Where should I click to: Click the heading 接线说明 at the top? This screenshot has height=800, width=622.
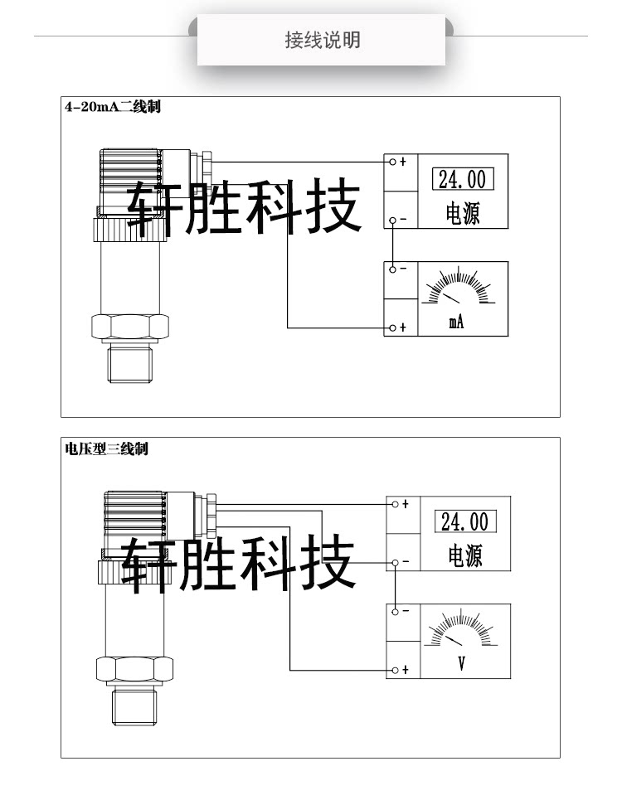322,40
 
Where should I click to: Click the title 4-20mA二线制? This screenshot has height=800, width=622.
112,107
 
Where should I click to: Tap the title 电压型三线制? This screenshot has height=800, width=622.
106,448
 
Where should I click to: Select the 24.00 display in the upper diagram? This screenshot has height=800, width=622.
462,179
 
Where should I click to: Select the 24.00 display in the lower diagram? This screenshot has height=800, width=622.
464,521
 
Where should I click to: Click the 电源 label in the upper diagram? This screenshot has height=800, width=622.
462,214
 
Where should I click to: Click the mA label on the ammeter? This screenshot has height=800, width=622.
456,322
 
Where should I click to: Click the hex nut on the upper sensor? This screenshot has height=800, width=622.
131,326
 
